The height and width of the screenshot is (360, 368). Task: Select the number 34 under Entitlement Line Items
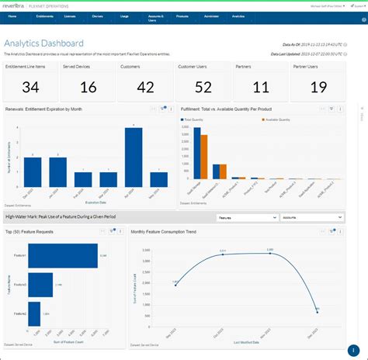(31, 88)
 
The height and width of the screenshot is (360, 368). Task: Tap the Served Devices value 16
(88, 88)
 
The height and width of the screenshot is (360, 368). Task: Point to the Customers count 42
(145, 88)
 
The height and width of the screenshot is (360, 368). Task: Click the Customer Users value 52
(203, 88)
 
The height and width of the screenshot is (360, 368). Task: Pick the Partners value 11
(261, 88)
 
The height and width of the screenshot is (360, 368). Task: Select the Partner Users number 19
(318, 88)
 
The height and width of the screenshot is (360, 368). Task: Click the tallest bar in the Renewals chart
(134, 157)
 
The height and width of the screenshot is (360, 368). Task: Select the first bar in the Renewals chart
(33, 172)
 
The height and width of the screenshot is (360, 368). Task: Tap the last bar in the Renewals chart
(159, 180)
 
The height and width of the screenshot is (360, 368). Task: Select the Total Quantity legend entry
(192, 120)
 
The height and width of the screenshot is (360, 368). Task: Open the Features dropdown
(247, 217)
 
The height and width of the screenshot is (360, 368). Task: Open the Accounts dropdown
(311, 217)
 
